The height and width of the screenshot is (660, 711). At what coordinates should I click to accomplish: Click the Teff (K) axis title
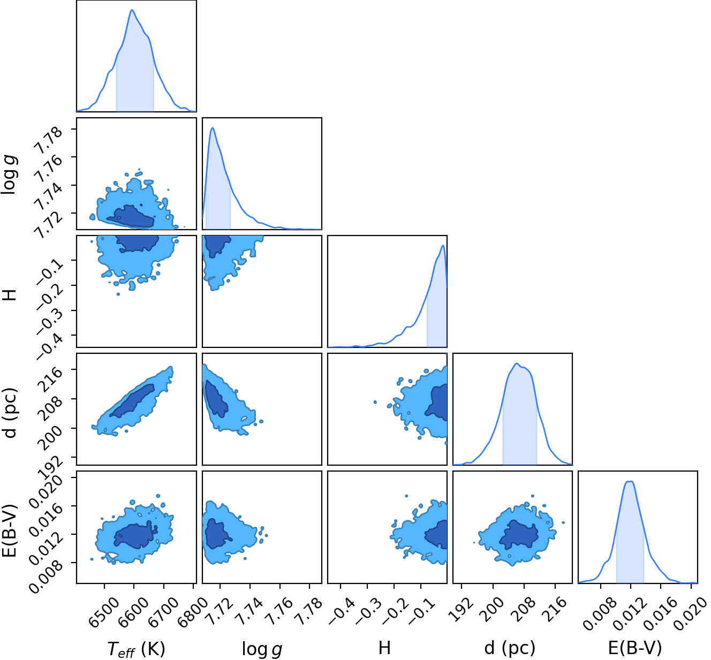pyautogui.click(x=137, y=649)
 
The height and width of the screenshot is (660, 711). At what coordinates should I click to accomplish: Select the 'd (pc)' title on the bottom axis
pyautogui.click(x=510, y=648)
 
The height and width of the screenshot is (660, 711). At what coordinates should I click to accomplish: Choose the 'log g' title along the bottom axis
pyautogui.click(x=262, y=649)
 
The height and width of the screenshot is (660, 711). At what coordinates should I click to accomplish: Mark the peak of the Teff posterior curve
pyautogui.click(x=132, y=10)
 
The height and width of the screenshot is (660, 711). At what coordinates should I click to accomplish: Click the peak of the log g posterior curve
pyautogui.click(x=213, y=127)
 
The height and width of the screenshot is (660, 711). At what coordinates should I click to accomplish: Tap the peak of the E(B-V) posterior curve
pyautogui.click(x=630, y=481)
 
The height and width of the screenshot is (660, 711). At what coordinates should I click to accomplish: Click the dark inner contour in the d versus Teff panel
pyautogui.click(x=132, y=400)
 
